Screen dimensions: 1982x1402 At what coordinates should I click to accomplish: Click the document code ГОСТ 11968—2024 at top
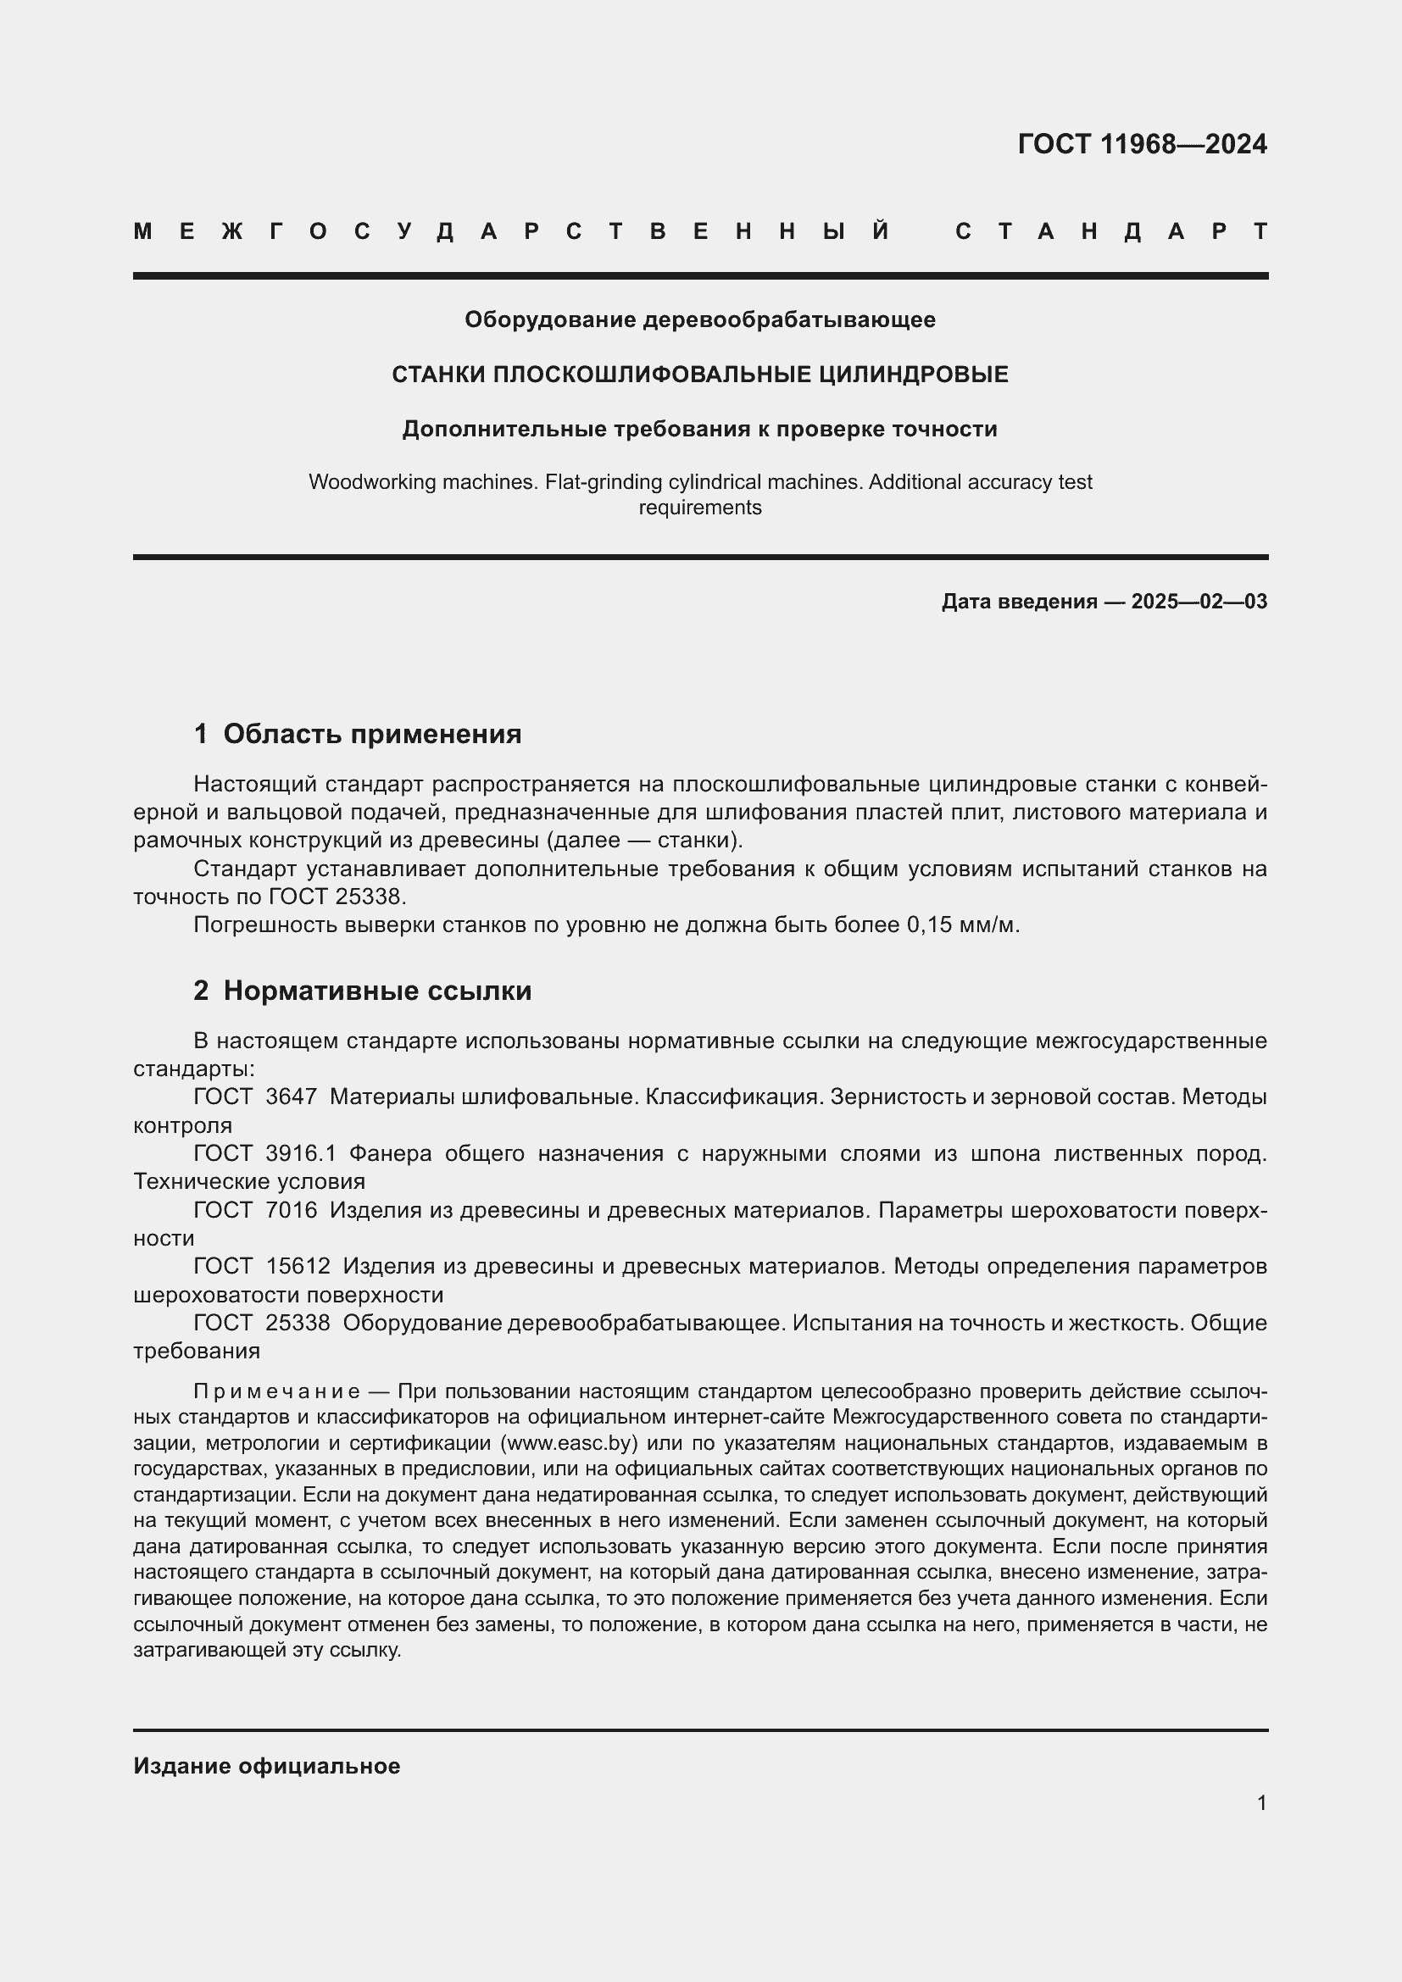click(x=1141, y=144)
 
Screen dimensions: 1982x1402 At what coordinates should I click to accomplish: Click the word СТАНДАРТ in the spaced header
click(x=1111, y=231)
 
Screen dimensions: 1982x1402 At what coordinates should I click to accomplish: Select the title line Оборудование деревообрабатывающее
click(x=699, y=319)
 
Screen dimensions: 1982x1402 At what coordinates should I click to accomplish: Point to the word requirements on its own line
click(x=699, y=508)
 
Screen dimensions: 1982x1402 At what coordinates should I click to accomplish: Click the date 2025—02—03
click(x=1199, y=602)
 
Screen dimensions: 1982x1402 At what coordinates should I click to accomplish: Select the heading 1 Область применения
click(x=358, y=734)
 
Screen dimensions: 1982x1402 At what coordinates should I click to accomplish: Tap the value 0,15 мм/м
click(x=962, y=924)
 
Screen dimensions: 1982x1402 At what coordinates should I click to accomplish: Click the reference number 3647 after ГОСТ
click(x=291, y=1097)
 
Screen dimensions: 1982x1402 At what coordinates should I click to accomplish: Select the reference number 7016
click(x=291, y=1210)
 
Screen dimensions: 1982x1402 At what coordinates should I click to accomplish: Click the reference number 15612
click(x=298, y=1266)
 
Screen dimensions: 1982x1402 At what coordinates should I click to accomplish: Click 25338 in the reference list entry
click(x=298, y=1323)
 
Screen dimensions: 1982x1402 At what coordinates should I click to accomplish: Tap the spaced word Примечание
click(x=276, y=1391)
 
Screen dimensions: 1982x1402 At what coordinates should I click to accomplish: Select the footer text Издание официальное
click(x=267, y=1766)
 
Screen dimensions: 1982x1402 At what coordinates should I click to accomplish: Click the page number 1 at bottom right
click(x=1261, y=1803)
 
